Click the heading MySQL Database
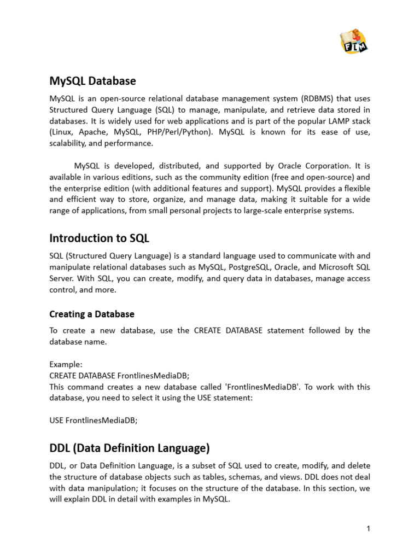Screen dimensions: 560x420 tap(92, 81)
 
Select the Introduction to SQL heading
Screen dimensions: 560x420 tap(99, 238)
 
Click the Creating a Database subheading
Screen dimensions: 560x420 tap(91, 314)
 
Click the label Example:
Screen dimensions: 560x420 tap(66, 364)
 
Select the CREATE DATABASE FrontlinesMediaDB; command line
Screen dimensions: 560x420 tap(119, 375)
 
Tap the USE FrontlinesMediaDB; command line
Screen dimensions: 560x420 tap(94, 420)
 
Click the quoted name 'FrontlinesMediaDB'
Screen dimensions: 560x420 tap(263, 387)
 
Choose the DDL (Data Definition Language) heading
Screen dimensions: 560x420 tap(129, 448)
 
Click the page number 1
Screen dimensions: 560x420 tap(369, 528)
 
